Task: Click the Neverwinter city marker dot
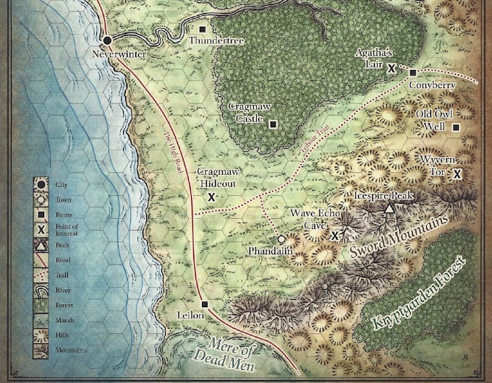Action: pos(107,40)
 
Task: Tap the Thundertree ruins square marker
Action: pos(203,30)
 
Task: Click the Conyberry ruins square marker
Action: pos(412,72)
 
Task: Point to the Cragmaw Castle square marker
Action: pos(273,124)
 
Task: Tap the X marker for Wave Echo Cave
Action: pos(335,236)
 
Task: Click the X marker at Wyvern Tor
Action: pos(457,173)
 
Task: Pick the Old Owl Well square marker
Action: pos(456,127)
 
